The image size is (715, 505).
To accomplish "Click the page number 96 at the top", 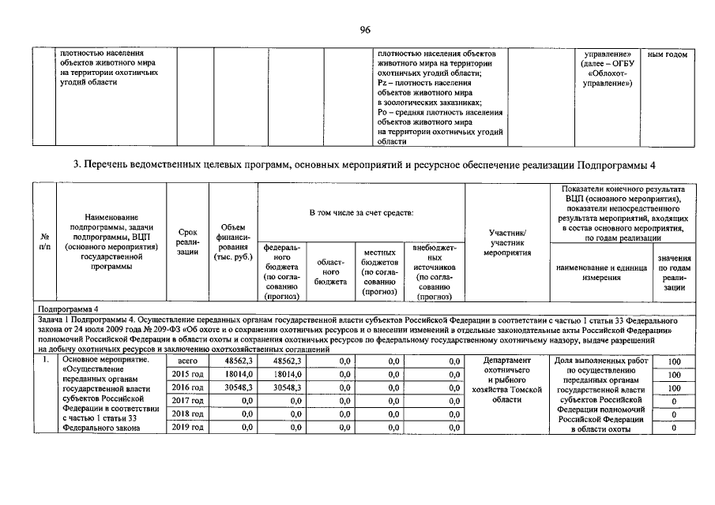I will [x=365, y=30].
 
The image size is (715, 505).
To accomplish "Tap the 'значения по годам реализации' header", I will [x=674, y=273].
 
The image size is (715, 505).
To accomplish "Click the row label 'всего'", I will [x=187, y=360].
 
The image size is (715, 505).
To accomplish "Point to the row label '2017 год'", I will [x=187, y=401].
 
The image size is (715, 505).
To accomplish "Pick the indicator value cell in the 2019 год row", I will [x=673, y=428].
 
